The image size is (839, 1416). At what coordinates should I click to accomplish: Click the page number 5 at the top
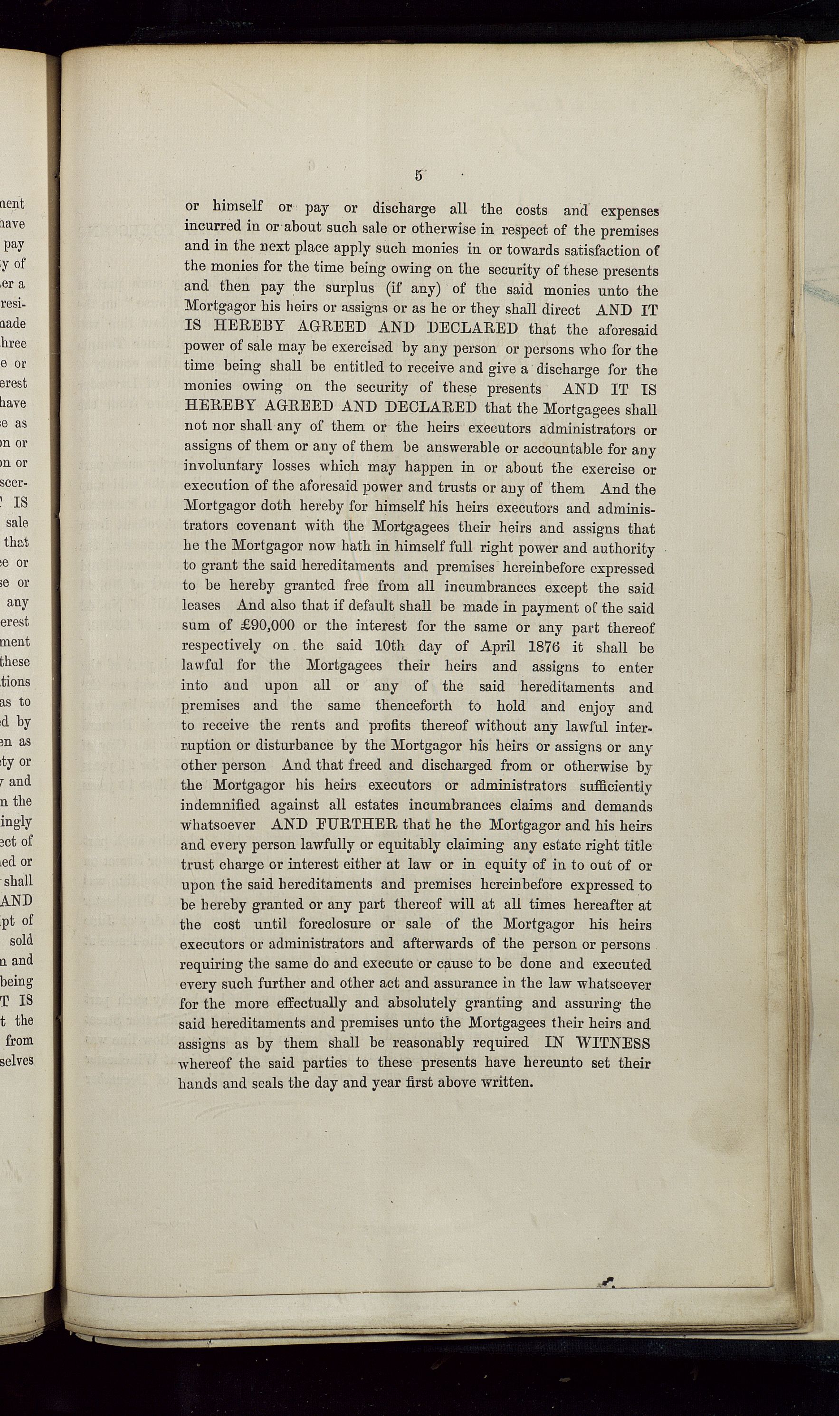click(419, 175)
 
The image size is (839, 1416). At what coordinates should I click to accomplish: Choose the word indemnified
click(220, 805)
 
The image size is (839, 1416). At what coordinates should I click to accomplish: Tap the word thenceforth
click(413, 706)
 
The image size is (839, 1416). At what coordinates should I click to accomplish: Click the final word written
click(506, 1082)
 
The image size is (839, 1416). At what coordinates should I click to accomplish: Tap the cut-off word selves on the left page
click(17, 1060)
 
